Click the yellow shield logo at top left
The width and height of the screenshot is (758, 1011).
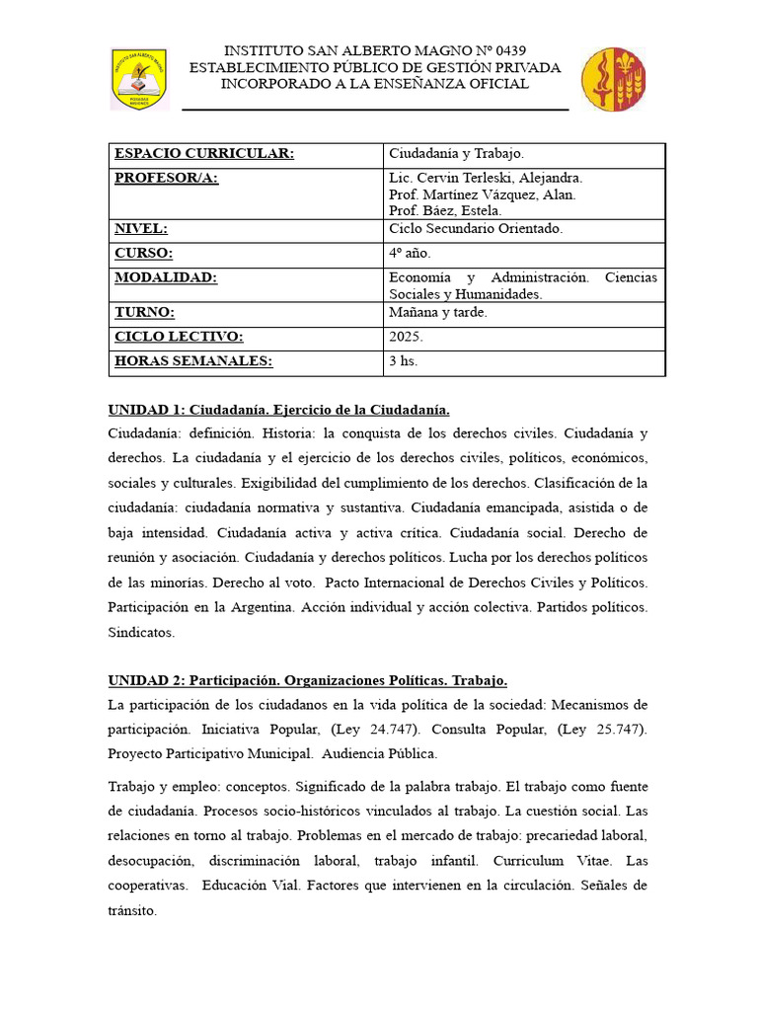point(139,80)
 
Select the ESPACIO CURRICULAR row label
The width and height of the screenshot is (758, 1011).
point(204,154)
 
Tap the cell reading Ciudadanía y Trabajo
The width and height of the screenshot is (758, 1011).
point(456,154)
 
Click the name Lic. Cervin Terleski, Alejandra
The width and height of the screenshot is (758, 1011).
point(486,179)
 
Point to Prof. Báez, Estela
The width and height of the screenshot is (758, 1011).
point(445,210)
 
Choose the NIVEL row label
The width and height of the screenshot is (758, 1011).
point(140,229)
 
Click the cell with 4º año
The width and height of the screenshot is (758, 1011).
point(411,254)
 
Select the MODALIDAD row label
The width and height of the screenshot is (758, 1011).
point(165,278)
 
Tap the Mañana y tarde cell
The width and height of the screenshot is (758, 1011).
point(437,313)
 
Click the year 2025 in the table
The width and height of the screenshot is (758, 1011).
point(406,338)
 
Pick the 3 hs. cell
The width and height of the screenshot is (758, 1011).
point(403,361)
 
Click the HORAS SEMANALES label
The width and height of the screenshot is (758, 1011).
point(192,361)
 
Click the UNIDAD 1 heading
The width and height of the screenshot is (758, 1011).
point(278,410)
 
